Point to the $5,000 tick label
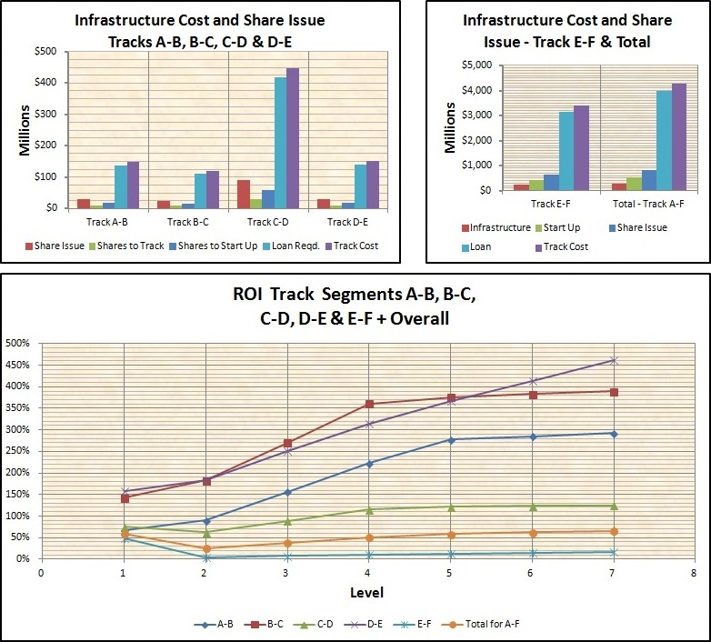477,65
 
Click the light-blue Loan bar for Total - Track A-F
664,140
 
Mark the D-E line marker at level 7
614,361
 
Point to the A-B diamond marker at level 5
451,440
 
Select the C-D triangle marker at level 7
614,506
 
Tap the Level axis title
367,593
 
